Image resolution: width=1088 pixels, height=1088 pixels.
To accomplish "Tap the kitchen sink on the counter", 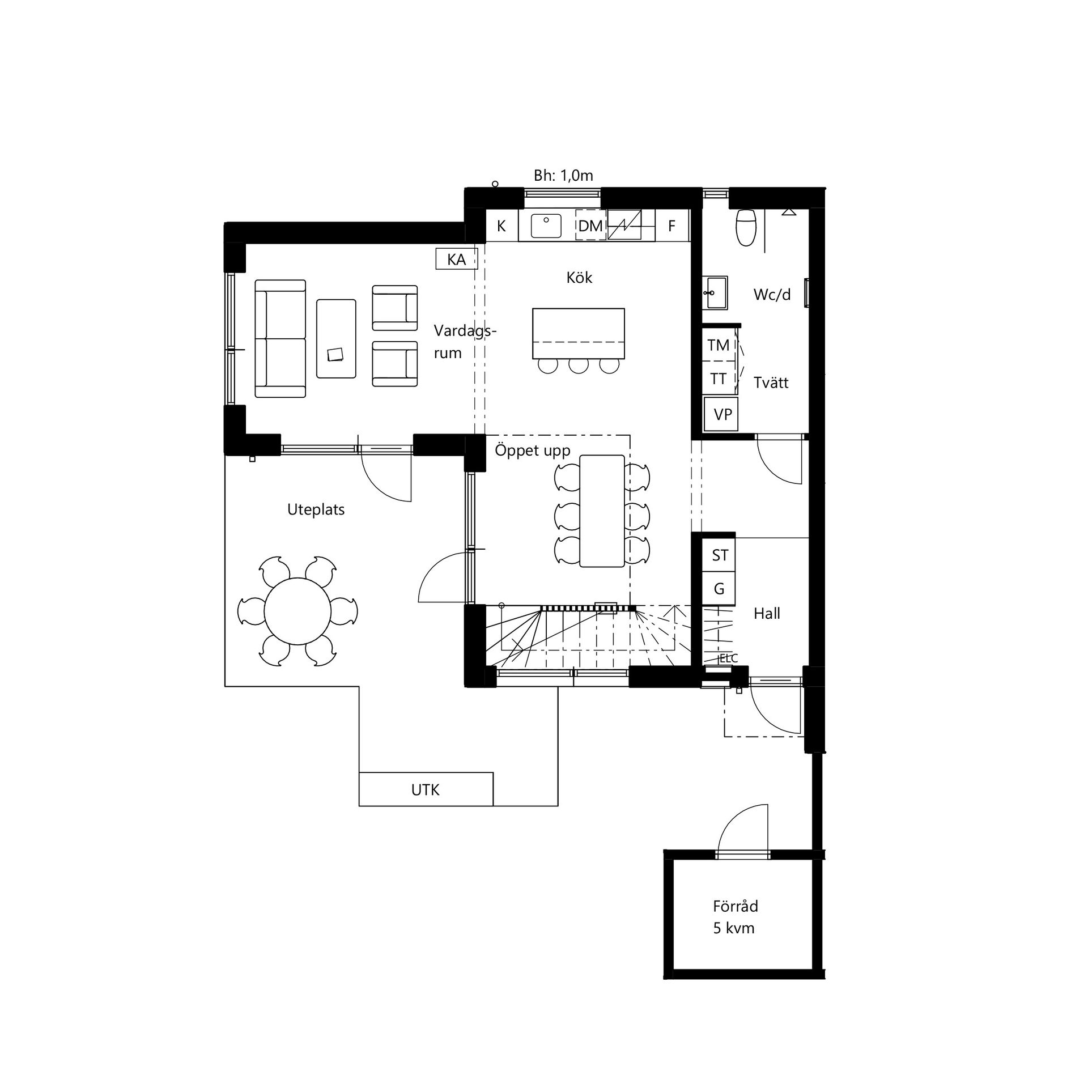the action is pos(546,226).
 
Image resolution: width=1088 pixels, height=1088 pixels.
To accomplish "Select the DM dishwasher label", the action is pos(590,226).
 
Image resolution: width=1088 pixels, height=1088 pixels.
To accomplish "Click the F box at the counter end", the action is pos(671,226).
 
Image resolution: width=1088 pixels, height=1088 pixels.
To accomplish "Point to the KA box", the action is pos(456,260).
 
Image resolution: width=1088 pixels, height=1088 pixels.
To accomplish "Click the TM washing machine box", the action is pos(719,345).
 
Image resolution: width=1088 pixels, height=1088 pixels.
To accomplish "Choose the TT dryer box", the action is pos(719,379).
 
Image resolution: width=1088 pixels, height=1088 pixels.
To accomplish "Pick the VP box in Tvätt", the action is pos(722,414).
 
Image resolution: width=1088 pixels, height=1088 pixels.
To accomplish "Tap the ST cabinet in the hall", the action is pos(719,555).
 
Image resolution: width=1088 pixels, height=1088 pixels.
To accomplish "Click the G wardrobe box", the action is pos(719,589).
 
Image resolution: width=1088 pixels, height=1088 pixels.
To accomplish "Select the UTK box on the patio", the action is pos(426,789).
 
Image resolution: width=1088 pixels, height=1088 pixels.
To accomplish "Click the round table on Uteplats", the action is pos(297,611).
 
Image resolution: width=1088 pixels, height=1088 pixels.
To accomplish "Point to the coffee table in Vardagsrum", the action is pos(336,338).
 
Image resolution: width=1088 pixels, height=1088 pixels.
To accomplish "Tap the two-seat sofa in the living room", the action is pos(280,338).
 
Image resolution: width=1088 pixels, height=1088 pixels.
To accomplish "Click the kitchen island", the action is pos(579,333).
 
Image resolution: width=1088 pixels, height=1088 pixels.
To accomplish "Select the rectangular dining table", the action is pos(602,511).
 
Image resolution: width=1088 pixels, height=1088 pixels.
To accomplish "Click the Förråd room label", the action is pos(735,906).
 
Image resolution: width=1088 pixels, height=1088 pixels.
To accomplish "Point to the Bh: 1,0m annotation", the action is pos(563,176).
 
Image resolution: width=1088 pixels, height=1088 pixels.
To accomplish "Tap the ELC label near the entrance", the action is pos(728,658).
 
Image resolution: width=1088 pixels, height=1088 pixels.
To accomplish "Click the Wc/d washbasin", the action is pos(716,293).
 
